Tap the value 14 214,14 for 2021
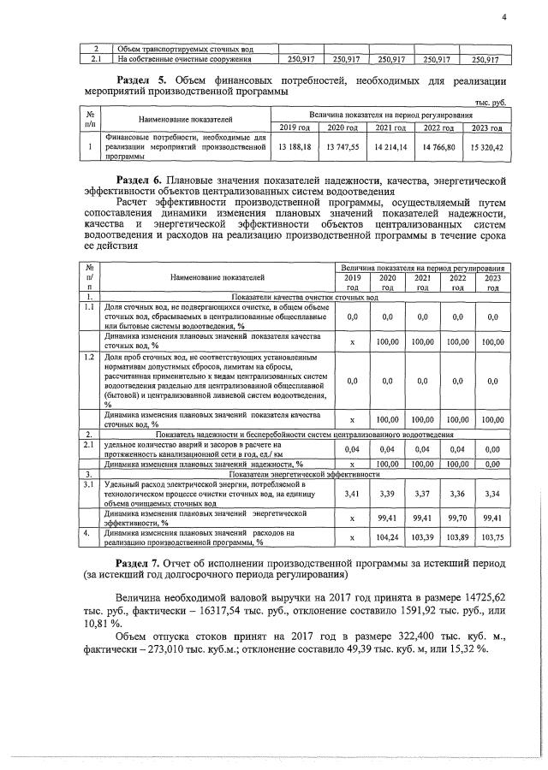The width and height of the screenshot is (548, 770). tap(390, 146)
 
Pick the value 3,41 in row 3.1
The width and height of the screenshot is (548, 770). tap(351, 495)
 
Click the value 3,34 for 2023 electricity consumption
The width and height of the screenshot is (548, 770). tap(492, 495)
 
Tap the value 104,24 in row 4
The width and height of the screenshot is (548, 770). tap(388, 538)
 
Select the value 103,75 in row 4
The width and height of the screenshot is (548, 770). tap(492, 538)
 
